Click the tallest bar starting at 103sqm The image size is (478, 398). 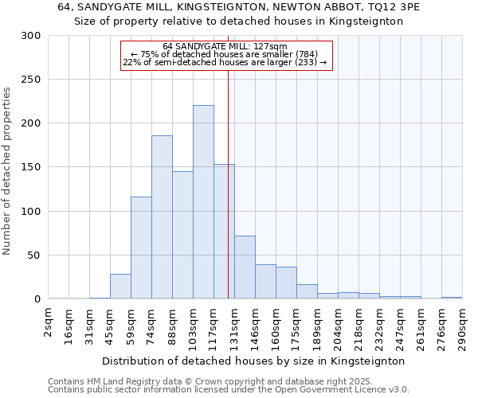[x=203, y=202]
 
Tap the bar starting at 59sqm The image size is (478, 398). [x=141, y=248]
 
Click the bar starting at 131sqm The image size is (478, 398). [x=245, y=267]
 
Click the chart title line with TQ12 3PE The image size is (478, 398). [x=239, y=7]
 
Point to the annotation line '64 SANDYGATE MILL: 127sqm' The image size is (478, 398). [x=224, y=47]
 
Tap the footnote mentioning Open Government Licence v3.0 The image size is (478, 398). [x=229, y=390]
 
